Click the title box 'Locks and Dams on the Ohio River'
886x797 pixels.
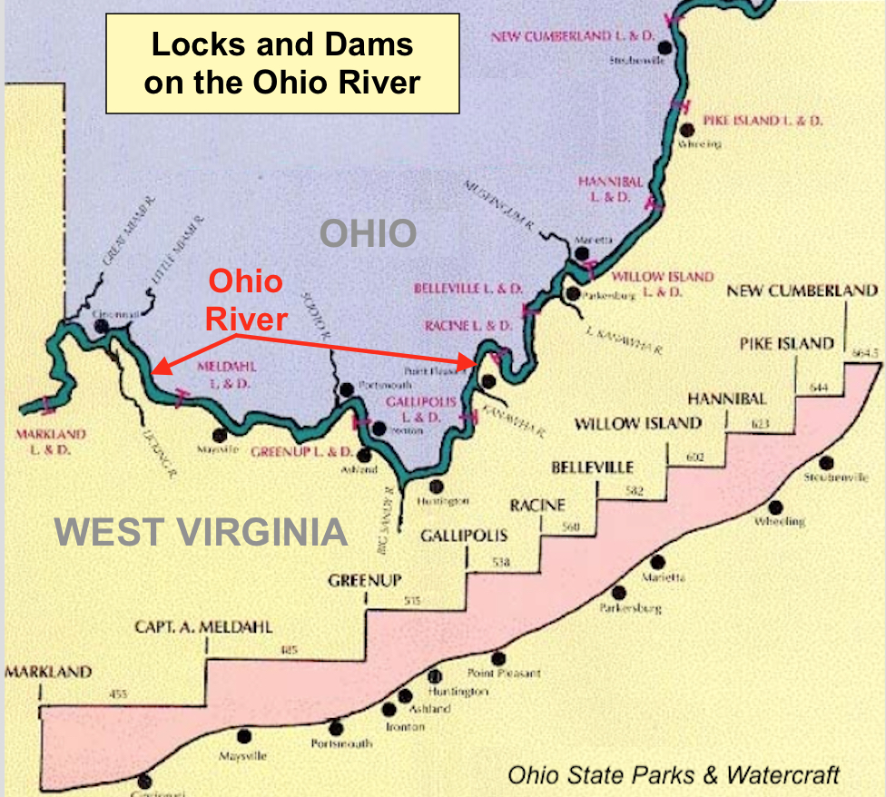click(282, 64)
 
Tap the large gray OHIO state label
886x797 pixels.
click(368, 233)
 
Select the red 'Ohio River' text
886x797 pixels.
click(245, 300)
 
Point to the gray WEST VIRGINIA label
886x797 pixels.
click(201, 532)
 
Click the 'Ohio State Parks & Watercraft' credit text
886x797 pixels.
click(673, 774)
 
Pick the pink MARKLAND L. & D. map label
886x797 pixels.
click(51, 441)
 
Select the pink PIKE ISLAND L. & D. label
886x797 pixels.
click(763, 121)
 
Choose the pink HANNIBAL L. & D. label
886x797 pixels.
click(610, 189)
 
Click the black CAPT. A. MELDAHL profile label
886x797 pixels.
click(203, 627)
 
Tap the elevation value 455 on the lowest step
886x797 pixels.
click(119, 694)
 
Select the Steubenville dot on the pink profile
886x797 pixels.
click(827, 460)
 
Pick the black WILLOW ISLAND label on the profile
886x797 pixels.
click(638, 423)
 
